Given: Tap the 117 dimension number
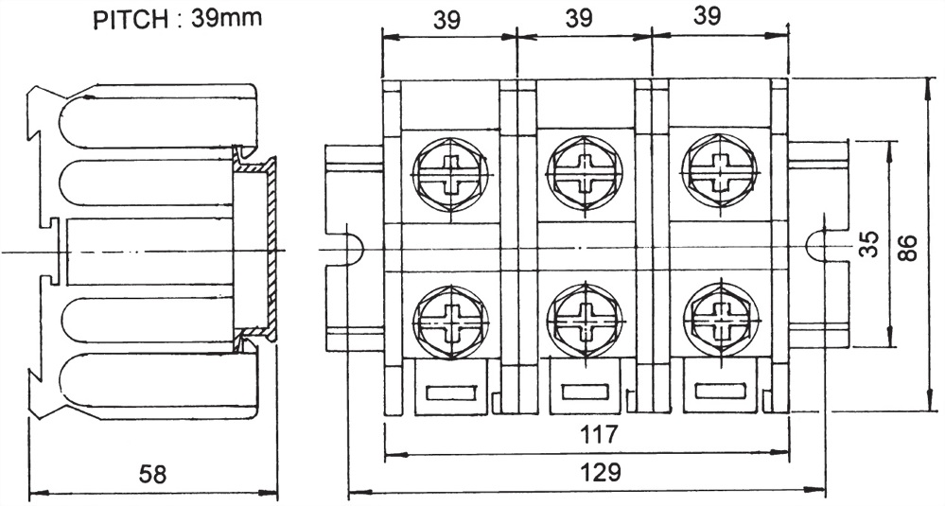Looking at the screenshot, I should (599, 436).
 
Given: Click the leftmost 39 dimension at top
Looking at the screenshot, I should (448, 19).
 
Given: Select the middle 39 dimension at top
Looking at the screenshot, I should (584, 19).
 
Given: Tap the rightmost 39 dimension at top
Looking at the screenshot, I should (719, 19).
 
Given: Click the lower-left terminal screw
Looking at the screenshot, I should (450, 318).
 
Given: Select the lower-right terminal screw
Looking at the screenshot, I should (720, 319).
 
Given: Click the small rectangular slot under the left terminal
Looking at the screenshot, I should (451, 393).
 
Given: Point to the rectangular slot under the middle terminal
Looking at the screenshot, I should (584, 393).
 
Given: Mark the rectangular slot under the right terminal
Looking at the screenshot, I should (719, 393).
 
